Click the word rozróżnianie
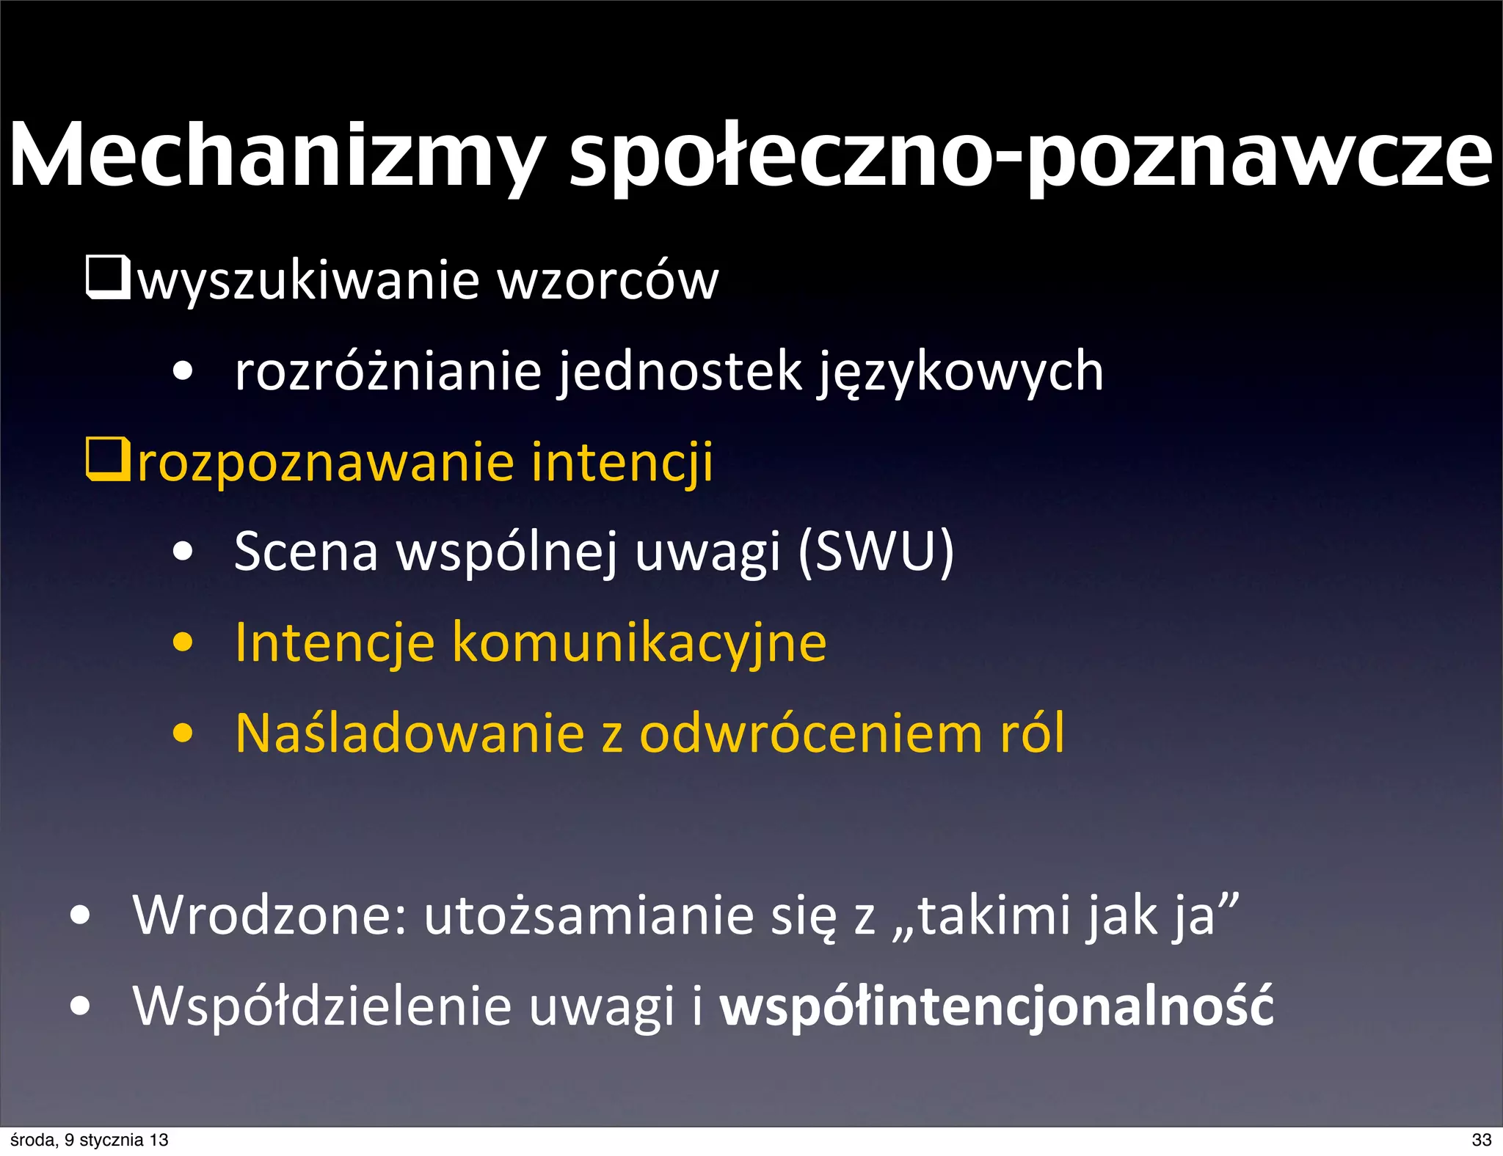[388, 371]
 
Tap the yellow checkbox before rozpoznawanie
[108, 459]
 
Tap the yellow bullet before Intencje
[183, 643]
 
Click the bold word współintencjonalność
[996, 1006]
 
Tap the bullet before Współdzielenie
[80, 1006]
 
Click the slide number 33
[1481, 1140]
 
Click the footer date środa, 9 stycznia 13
[90, 1140]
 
